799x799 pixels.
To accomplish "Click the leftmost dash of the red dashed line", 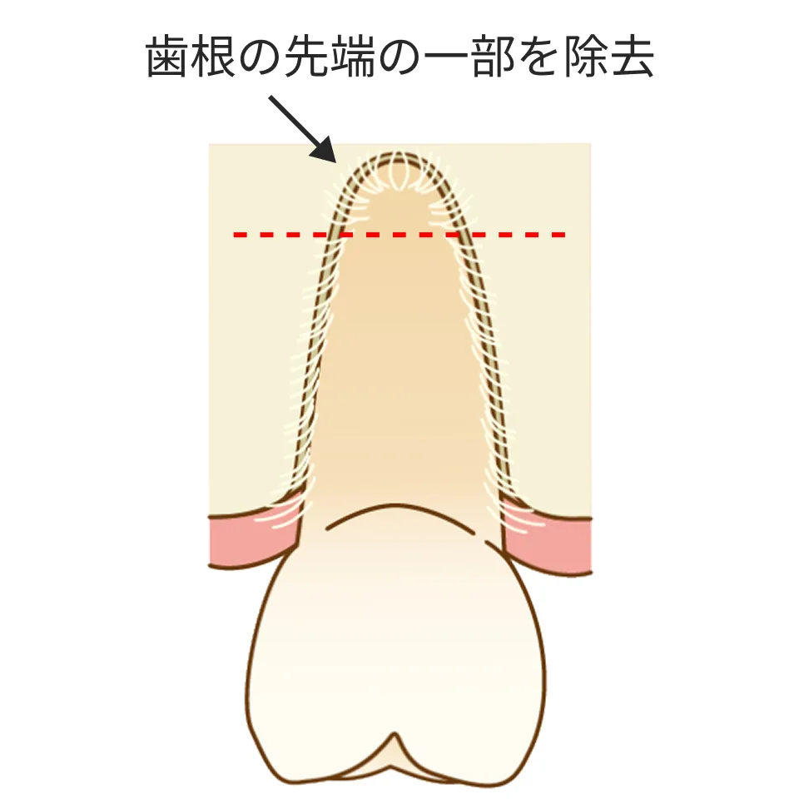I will pyautogui.click(x=240, y=236).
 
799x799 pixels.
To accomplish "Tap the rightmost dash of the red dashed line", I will pyautogui.click(x=558, y=236).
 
